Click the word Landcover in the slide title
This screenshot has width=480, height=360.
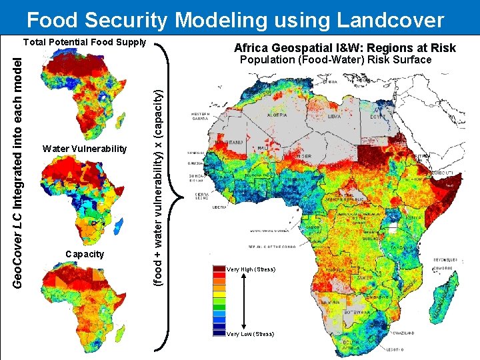click(x=390, y=20)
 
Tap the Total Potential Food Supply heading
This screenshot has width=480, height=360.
click(x=85, y=42)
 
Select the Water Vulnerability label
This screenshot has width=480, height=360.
click(x=84, y=148)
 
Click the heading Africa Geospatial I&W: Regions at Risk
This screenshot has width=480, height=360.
click(x=345, y=48)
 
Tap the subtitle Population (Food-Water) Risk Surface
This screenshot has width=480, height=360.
click(x=335, y=60)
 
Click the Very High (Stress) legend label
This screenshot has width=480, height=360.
click(x=251, y=269)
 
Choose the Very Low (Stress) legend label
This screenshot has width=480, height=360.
click(x=250, y=333)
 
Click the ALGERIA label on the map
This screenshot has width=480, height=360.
click(x=277, y=115)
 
